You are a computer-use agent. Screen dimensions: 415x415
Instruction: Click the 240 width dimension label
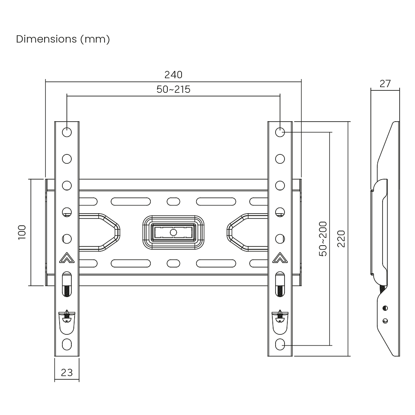click(173, 75)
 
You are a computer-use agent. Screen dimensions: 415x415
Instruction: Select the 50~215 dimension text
click(173, 90)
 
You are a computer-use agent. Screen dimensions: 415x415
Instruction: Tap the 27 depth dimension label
click(385, 83)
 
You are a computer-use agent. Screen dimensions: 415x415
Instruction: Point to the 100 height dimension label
click(22, 232)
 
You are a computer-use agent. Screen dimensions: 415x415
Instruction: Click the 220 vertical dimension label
click(341, 239)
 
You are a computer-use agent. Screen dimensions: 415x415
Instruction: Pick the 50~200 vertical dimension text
click(323, 239)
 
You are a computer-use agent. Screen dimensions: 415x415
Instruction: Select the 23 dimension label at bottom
click(66, 372)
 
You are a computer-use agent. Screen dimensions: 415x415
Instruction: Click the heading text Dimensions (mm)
click(63, 39)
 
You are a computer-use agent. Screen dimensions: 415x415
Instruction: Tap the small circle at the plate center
click(173, 232)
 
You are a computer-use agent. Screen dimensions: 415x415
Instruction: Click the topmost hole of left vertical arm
click(66, 132)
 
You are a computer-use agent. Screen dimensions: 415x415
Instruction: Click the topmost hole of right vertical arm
click(280, 132)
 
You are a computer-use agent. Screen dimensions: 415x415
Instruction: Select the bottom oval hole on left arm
click(66, 345)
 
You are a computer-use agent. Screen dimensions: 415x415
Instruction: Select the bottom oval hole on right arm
click(280, 345)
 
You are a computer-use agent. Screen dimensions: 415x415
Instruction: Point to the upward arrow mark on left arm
click(66, 258)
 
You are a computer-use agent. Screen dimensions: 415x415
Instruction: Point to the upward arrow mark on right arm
click(280, 258)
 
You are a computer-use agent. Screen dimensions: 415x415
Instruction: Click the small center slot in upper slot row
click(173, 201)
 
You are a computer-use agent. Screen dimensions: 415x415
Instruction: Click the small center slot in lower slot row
click(173, 263)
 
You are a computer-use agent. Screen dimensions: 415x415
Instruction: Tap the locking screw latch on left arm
click(66, 316)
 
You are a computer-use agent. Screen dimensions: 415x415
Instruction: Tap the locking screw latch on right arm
click(280, 316)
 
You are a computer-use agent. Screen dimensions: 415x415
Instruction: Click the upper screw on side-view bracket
click(385, 308)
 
